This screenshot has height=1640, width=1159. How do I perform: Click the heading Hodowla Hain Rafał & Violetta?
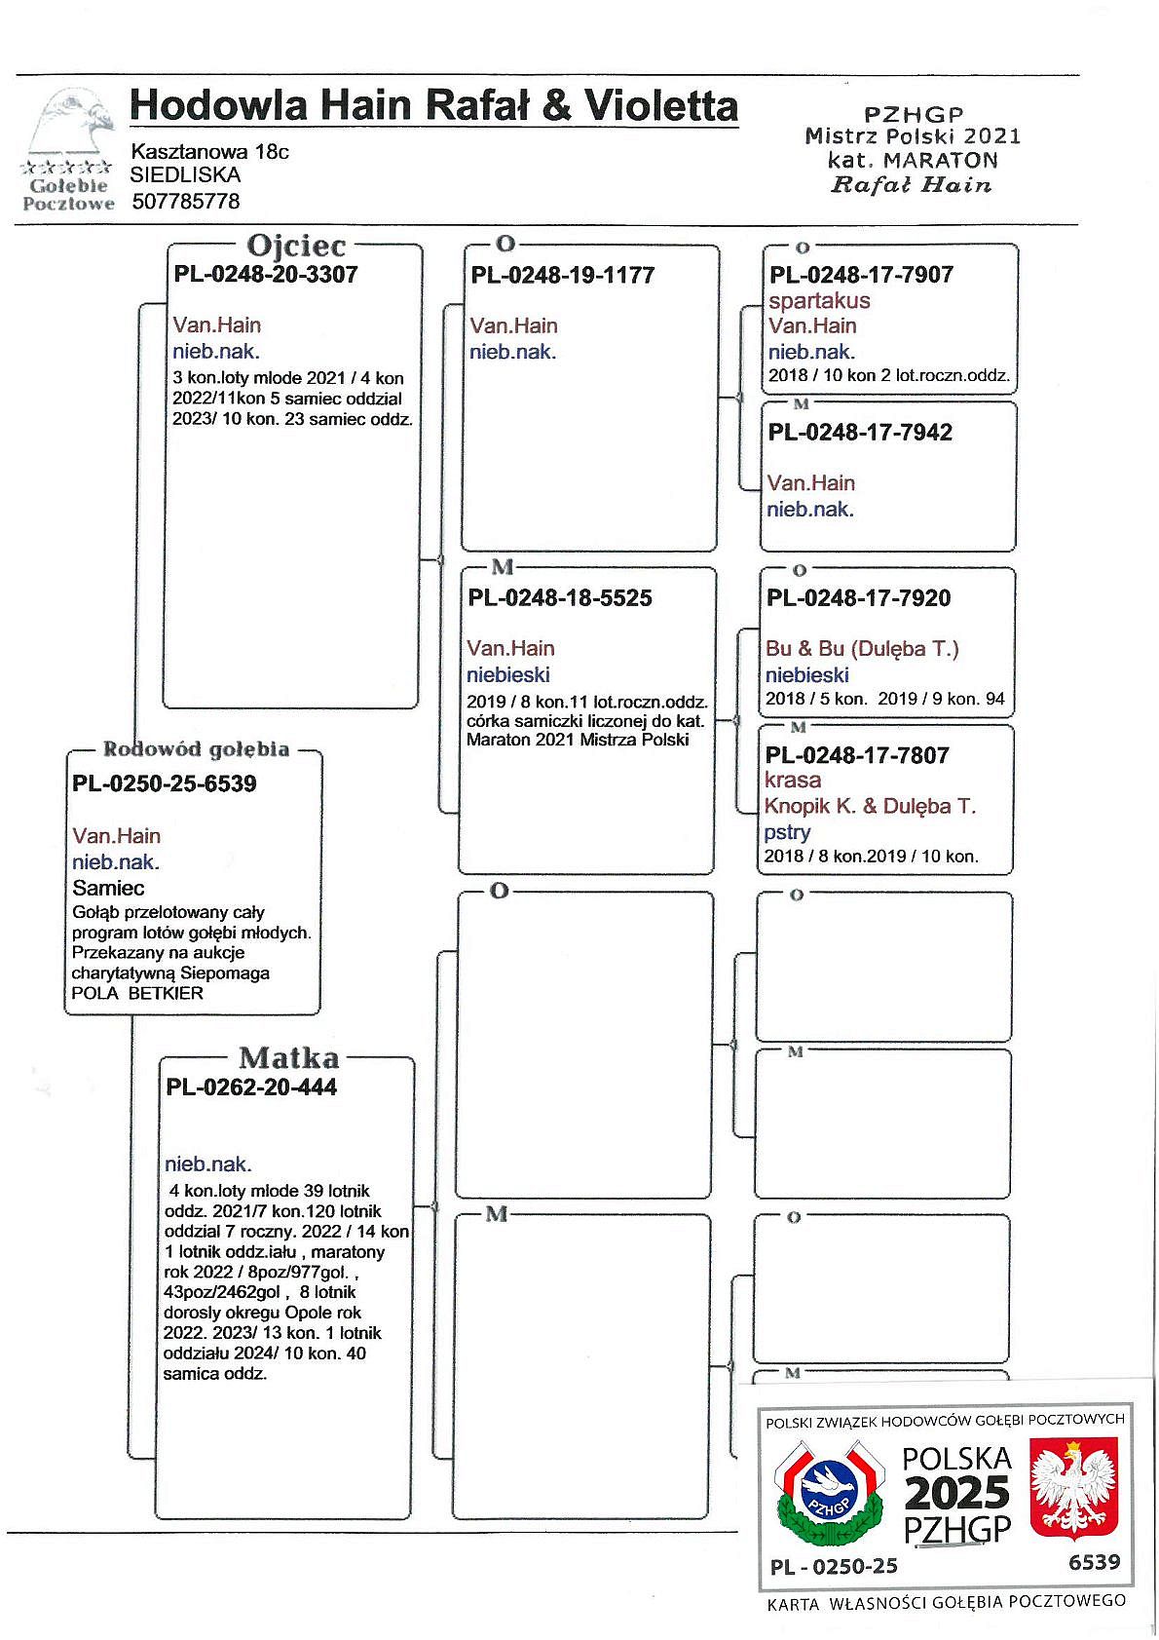click(433, 105)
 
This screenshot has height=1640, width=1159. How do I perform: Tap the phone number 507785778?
click(185, 202)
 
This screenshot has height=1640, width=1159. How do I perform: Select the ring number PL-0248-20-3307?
click(266, 274)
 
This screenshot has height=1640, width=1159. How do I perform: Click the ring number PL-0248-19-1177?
click(563, 275)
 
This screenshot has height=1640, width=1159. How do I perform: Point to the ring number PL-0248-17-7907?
click(861, 275)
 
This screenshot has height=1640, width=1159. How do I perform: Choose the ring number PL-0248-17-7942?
click(860, 433)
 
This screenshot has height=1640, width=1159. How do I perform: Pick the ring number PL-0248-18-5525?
click(560, 598)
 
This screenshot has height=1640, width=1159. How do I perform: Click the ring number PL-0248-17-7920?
click(858, 598)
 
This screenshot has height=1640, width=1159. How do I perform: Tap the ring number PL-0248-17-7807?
click(857, 755)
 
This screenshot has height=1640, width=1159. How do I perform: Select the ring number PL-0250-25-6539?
click(164, 784)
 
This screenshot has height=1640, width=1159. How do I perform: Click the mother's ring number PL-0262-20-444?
click(251, 1087)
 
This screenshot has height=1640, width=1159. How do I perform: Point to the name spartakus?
click(819, 300)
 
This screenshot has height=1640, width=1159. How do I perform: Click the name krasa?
click(793, 780)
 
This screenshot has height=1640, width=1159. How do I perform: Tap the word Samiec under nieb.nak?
click(108, 888)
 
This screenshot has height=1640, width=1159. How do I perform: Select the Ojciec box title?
click(296, 246)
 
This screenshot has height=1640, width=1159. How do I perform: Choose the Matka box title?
click(289, 1058)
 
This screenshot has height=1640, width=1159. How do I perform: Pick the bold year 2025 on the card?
click(957, 1493)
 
